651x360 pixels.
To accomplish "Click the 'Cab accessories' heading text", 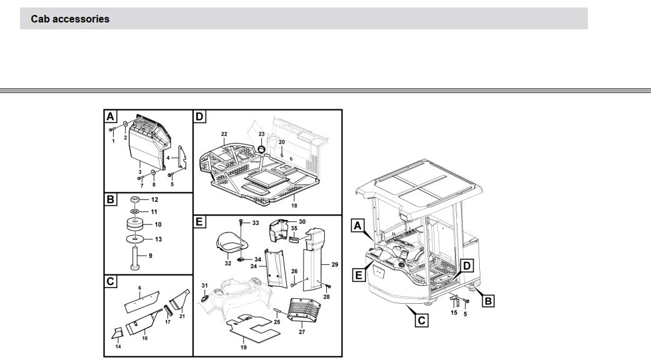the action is [x=70, y=19].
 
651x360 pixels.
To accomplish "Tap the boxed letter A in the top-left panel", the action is [x=111, y=116].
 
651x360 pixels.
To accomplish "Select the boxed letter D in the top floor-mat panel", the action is [x=200, y=116].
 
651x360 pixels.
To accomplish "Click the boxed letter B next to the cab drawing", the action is [x=489, y=301].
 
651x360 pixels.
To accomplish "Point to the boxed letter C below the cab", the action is [x=422, y=320].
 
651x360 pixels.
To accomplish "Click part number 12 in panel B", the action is [x=154, y=200].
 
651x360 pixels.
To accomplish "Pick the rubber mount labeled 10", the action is [x=134, y=224].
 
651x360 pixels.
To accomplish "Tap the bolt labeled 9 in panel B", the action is [x=135, y=258].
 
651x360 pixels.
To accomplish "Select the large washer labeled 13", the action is [x=134, y=239].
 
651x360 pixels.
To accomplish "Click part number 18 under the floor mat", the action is [x=294, y=206].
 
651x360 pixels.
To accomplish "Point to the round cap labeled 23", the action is [x=262, y=148].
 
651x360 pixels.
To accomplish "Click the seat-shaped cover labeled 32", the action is [x=229, y=244].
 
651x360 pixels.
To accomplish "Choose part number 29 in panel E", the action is [x=335, y=264].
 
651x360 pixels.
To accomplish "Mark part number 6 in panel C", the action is [x=140, y=287].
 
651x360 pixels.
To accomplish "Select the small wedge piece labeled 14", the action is [x=117, y=333].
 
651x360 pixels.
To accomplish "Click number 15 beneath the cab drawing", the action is [x=454, y=312].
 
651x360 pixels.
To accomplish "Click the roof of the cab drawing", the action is [x=419, y=186].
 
